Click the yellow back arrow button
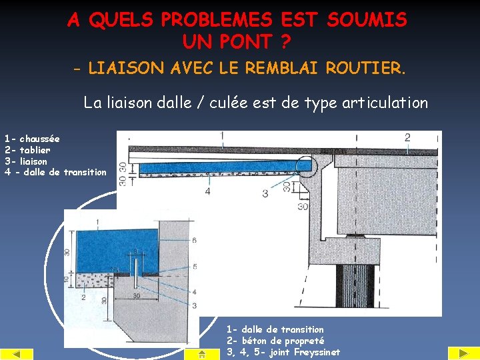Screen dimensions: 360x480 [17, 354]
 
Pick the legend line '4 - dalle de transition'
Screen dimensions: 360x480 [55, 172]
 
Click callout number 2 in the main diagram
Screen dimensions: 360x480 [407, 137]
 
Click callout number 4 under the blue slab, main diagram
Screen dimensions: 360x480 [207, 191]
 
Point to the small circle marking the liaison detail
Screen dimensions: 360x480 [304, 163]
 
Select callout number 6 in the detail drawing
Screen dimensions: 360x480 [193, 240]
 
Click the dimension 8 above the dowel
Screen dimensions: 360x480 [136, 252]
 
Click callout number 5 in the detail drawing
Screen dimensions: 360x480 [193, 267]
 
